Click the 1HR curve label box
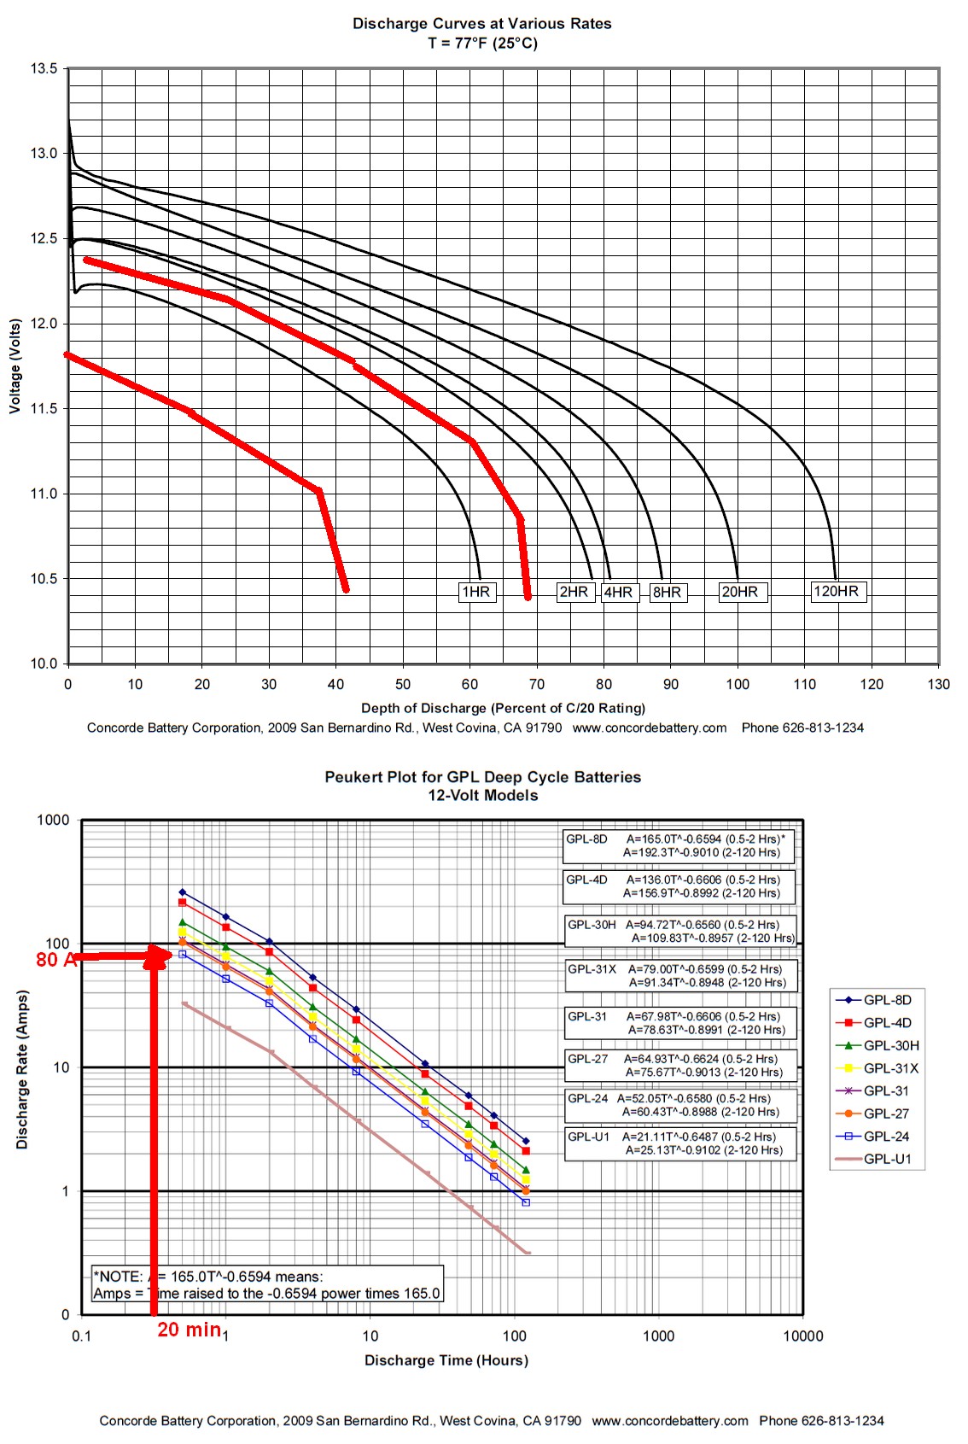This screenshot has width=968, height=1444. tap(476, 592)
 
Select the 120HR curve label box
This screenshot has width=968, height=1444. tap(837, 591)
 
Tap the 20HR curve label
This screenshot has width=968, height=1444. tap(740, 592)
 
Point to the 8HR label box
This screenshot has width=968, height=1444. tap(668, 592)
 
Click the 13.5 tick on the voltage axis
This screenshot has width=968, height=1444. tap(44, 68)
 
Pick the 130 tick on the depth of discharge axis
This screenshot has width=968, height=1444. tap(938, 684)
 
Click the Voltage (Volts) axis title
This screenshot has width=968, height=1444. tap(15, 366)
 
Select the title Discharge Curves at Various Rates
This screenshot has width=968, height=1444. tap(482, 24)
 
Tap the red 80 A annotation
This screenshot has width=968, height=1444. tap(55, 960)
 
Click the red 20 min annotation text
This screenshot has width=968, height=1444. tap(189, 1330)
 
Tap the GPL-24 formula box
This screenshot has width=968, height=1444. tap(679, 1105)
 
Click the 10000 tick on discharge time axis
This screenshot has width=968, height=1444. tap(802, 1336)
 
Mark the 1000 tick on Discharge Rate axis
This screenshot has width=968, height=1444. tap(53, 820)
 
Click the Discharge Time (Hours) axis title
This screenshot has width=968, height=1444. tap(446, 1360)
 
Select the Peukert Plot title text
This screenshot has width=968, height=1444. tap(482, 777)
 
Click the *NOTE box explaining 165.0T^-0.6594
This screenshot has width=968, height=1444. tap(267, 1284)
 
